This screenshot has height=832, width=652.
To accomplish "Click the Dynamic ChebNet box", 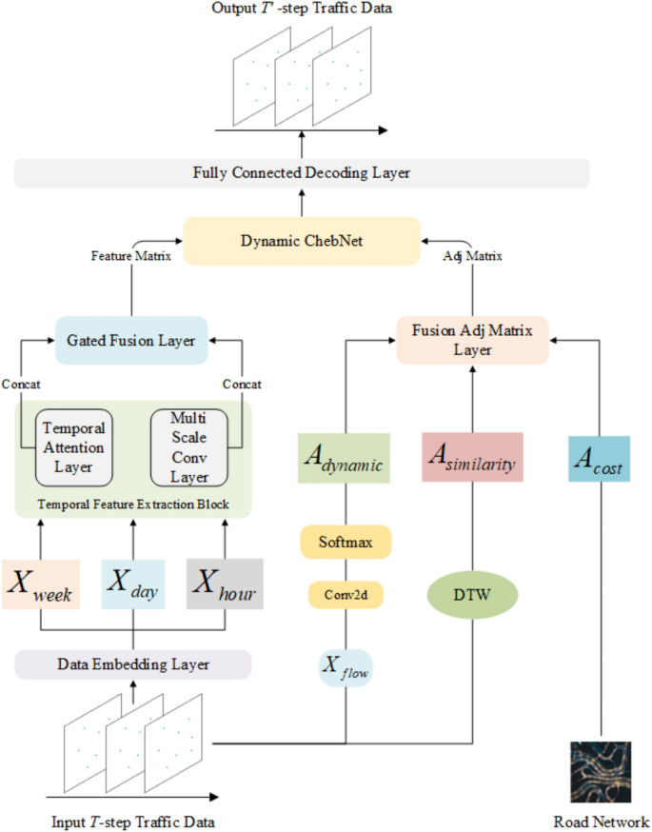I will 302,240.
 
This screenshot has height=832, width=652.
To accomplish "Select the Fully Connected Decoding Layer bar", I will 302,173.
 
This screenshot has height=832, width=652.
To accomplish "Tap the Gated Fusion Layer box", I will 132,340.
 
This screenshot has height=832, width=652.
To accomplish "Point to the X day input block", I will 132,584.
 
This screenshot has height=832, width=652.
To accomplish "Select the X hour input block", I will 224,584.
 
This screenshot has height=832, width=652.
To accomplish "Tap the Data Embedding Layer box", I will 132,664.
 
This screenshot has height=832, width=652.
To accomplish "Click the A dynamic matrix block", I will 345,459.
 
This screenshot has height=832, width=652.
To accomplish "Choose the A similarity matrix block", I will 472,459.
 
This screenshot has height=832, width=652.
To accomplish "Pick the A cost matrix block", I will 598,459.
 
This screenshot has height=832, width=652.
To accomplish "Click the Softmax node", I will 345,543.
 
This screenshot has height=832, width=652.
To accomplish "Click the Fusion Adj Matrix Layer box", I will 472,340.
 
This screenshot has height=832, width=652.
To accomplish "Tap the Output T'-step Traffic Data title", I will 301,10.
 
